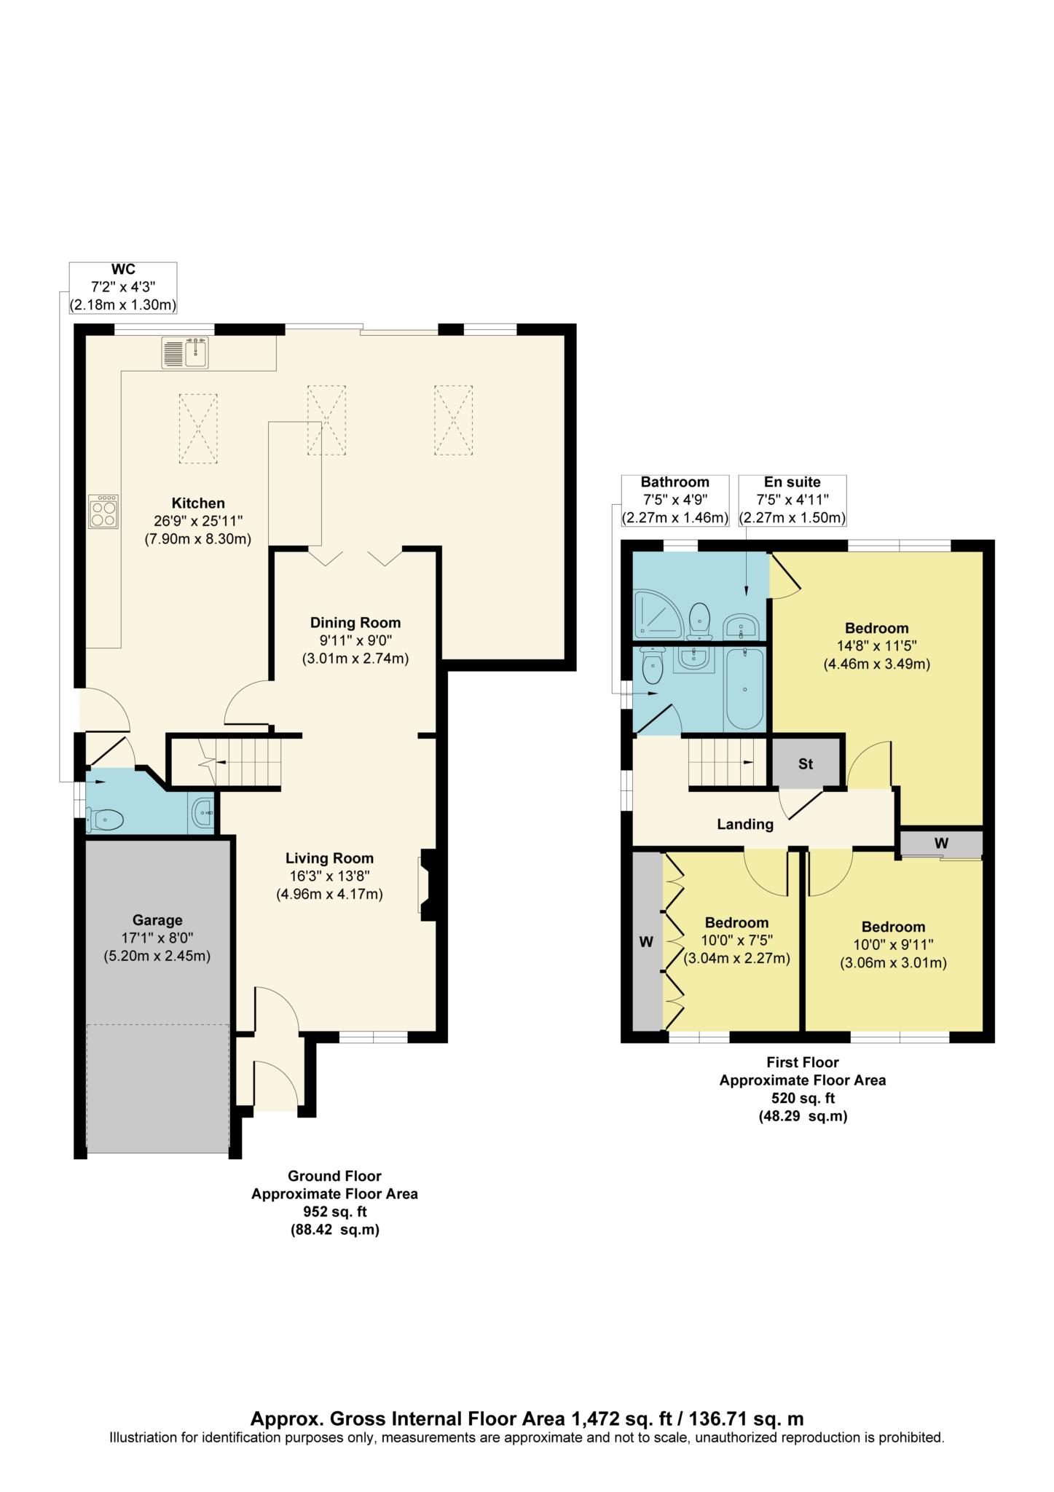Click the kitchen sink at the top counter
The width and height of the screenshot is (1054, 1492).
186,353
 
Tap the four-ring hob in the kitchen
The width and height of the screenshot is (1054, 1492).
104,511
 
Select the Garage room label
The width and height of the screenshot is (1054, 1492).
157,920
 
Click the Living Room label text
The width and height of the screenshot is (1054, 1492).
329,859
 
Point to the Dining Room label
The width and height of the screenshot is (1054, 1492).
355,623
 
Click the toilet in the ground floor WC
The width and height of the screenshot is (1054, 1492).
103,820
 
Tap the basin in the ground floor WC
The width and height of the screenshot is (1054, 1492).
202,812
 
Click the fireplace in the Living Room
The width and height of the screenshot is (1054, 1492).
427,885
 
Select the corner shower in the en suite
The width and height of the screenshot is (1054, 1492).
658,610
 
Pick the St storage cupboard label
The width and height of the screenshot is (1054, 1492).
806,764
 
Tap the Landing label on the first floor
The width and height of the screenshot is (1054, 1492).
745,825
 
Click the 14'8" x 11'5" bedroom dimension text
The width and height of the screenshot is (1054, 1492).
877,645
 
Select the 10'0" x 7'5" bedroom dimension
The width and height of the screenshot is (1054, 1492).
736,941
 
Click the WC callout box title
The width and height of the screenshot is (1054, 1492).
123,270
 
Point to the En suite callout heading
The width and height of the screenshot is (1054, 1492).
793,482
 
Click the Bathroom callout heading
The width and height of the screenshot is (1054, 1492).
675,482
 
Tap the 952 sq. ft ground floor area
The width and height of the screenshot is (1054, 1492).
334,1212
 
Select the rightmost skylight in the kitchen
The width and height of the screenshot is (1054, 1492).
453,421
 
